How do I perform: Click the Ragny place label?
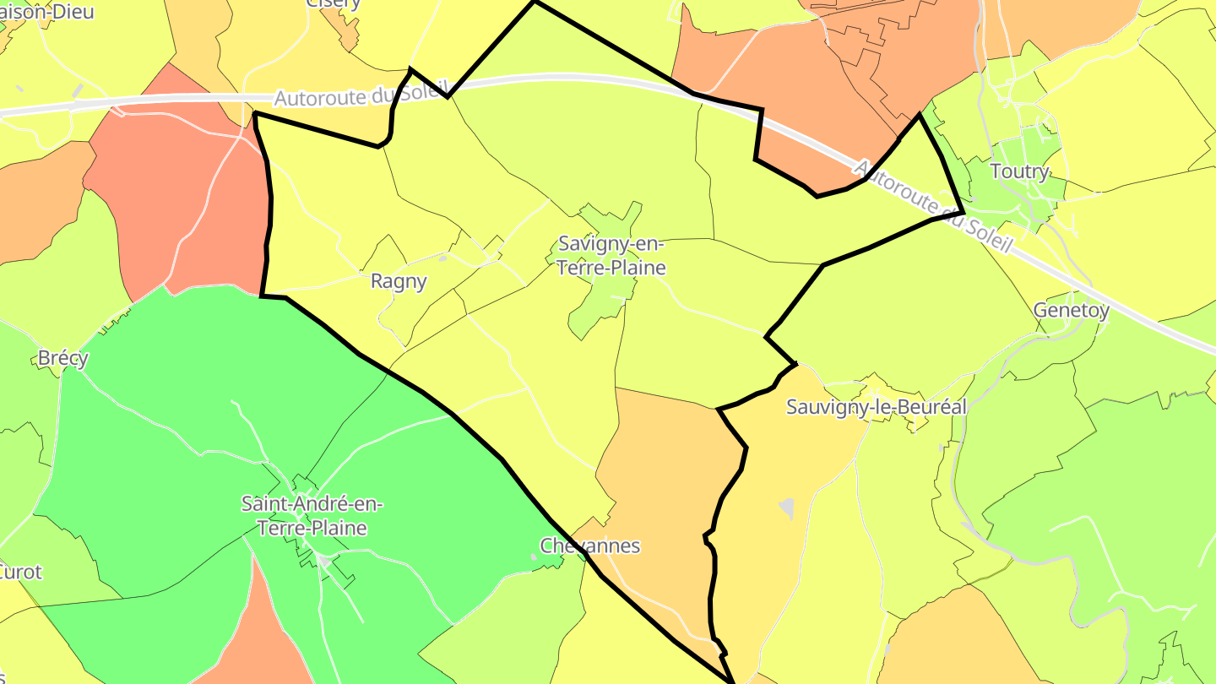pos(399,281)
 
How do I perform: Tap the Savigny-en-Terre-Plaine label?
pos(612,257)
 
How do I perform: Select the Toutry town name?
pos(1019,172)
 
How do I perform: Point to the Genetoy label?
pos(1071,311)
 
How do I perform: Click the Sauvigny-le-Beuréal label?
pos(876,406)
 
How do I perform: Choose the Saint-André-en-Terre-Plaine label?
pos(312,516)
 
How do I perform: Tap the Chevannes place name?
pos(590,546)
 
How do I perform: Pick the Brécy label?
pos(63,358)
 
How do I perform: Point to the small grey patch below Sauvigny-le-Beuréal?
pos(787,508)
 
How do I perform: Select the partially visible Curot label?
pos(20,572)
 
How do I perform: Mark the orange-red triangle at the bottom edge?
pos(253,650)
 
